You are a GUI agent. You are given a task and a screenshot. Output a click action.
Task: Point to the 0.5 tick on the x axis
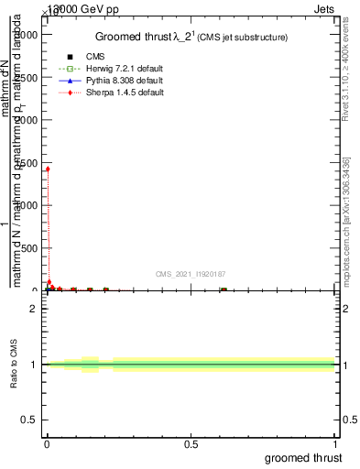click(x=191, y=444)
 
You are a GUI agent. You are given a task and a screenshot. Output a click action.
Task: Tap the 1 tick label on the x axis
click(x=335, y=444)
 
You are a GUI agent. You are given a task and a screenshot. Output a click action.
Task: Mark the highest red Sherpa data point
click(x=48, y=169)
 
